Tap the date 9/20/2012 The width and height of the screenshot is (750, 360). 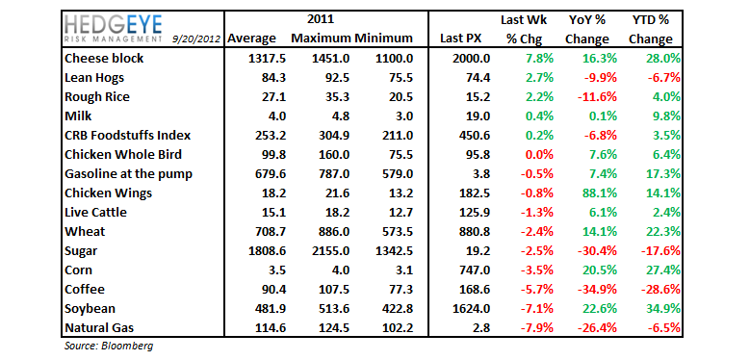(x=196, y=39)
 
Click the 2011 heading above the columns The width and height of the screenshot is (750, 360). (x=321, y=19)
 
